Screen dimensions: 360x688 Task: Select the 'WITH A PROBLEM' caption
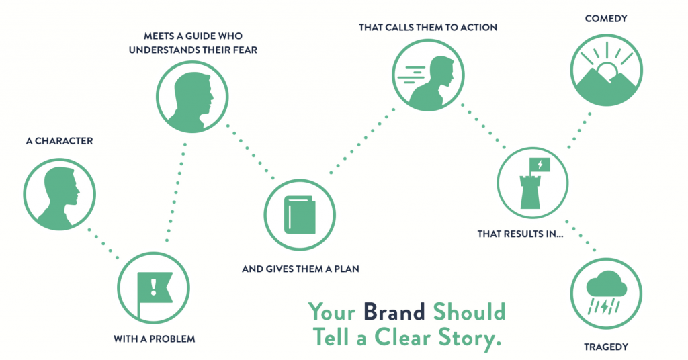click(155, 339)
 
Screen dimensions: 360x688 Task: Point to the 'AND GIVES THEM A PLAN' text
click(301, 270)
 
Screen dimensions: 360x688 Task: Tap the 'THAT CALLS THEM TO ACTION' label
click(427, 28)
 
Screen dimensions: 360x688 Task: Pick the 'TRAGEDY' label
click(606, 347)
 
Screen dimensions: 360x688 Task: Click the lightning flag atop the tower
click(540, 164)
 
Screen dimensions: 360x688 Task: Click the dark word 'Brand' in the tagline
click(394, 312)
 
